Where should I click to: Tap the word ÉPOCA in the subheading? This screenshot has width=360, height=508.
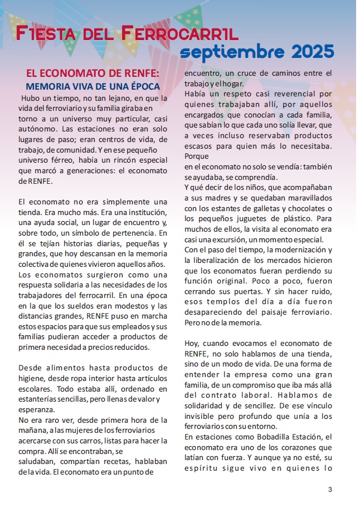pos(142,86)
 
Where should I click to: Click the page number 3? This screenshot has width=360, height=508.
pos(330,490)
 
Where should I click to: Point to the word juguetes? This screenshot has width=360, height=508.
pos(249,219)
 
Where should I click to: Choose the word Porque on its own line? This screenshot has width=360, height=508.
pos(197,157)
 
